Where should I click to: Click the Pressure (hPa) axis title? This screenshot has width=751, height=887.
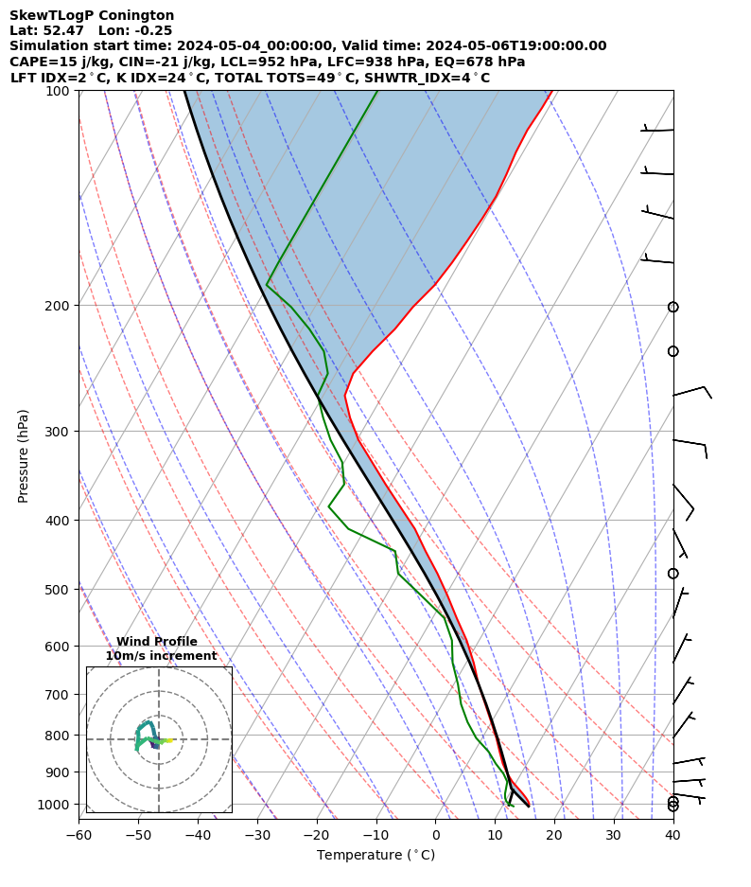(x=23, y=455)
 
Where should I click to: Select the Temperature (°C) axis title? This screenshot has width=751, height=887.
(x=375, y=856)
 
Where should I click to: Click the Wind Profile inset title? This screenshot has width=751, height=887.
(x=157, y=642)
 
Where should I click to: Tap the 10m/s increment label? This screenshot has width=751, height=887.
(x=161, y=656)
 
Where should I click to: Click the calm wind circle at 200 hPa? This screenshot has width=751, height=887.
(x=672, y=307)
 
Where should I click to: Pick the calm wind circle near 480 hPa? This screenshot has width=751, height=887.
(x=672, y=574)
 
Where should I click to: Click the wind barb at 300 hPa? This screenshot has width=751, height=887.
(x=690, y=443)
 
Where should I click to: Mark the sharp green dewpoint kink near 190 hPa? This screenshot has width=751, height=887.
(x=268, y=283)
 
